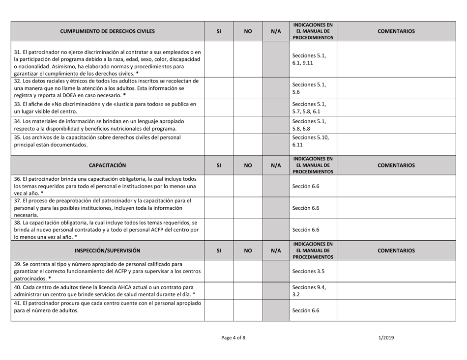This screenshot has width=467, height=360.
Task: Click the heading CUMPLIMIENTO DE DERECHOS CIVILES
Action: [106, 31]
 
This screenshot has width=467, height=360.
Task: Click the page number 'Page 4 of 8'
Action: [233, 338]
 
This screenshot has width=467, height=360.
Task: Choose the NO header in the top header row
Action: [247, 31]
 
